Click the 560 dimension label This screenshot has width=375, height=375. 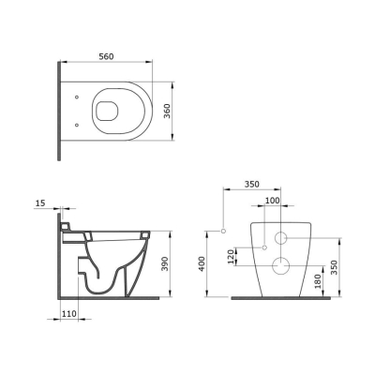[x=106, y=56]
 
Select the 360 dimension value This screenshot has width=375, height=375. [x=168, y=111]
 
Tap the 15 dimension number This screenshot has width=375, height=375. [x=40, y=203]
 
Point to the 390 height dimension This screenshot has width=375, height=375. [x=165, y=264]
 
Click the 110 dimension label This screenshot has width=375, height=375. [x=68, y=313]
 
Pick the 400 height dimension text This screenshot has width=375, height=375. [x=202, y=263]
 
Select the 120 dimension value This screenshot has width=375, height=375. [x=231, y=257]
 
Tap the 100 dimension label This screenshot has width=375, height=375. [x=273, y=201]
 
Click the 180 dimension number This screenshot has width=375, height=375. [x=318, y=281]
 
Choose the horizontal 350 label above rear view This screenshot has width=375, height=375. [x=252, y=185]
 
